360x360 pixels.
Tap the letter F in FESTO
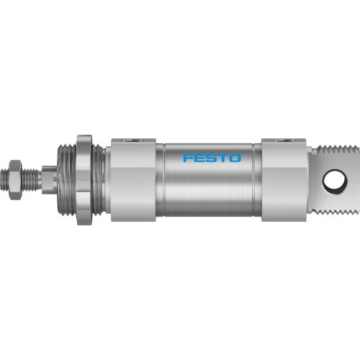[x=186, y=157]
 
